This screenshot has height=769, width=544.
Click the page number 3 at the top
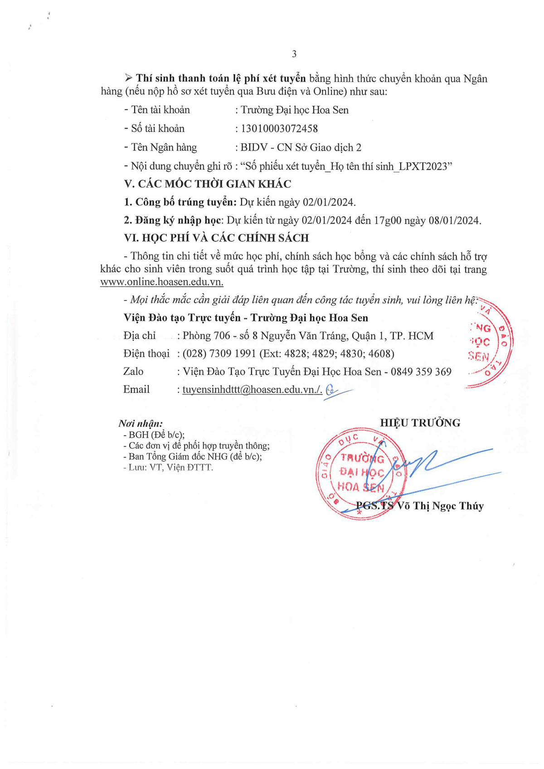click(294, 54)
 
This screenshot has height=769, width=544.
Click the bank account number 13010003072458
click(279, 129)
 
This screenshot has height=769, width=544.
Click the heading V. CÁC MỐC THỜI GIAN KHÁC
click(208, 184)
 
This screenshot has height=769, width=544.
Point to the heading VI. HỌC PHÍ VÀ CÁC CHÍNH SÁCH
click(216, 238)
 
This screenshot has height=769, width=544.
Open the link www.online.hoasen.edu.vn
click(162, 281)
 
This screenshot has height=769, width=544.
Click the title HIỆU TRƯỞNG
click(420, 423)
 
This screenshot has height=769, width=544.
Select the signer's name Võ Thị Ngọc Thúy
click(440, 506)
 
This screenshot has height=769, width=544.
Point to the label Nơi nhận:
click(141, 424)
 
